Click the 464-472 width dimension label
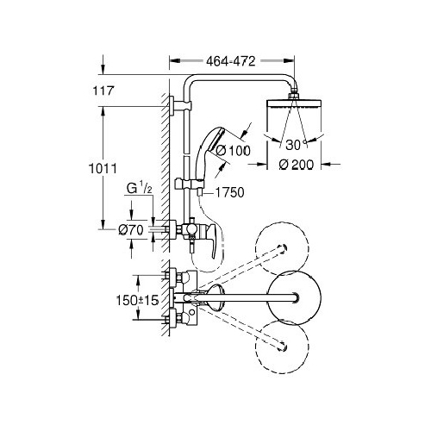(231, 61)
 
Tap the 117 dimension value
(103, 91)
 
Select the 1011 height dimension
(103, 169)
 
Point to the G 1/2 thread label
(140, 189)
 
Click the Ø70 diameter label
(131, 230)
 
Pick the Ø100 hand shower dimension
(234, 151)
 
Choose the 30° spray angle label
(296, 145)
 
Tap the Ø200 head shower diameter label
(297, 165)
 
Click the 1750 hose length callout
(230, 192)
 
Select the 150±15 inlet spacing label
(137, 301)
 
